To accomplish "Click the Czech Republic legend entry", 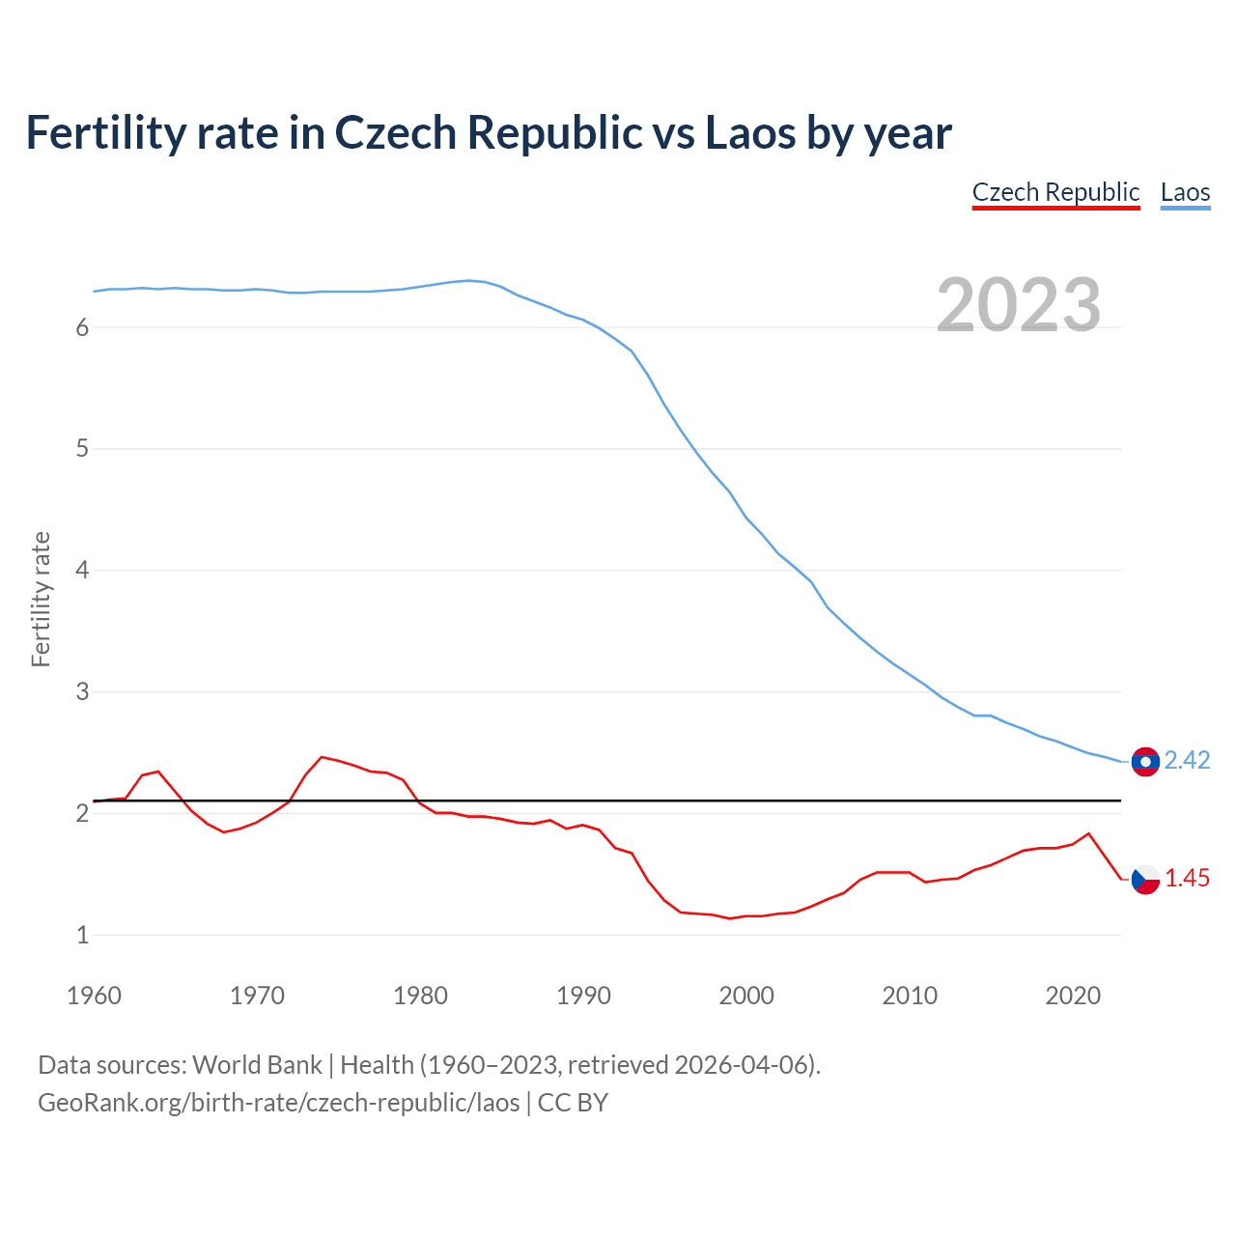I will (x=1055, y=192).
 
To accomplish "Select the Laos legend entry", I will (x=1185, y=192).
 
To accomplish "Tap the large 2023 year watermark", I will (x=1019, y=305).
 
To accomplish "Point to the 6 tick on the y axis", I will (x=82, y=328).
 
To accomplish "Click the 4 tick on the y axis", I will (x=82, y=571).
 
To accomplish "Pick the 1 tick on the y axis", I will (x=82, y=935).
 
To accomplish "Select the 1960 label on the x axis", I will (x=94, y=996).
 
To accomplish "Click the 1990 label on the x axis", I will (x=583, y=996).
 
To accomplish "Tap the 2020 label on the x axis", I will (x=1073, y=996).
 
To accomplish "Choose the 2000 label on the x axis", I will (x=746, y=996).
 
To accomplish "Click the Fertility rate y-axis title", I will (x=41, y=599).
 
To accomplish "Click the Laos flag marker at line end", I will (x=1145, y=762).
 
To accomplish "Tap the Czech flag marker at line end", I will (x=1145, y=880).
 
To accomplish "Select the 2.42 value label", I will (x=1187, y=761).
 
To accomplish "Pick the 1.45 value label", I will (x=1187, y=879).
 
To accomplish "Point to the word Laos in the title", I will (x=749, y=132).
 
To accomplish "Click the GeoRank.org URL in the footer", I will (x=278, y=1103).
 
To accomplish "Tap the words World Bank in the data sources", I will (x=257, y=1065).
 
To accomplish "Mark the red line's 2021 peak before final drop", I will (x=1089, y=833).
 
